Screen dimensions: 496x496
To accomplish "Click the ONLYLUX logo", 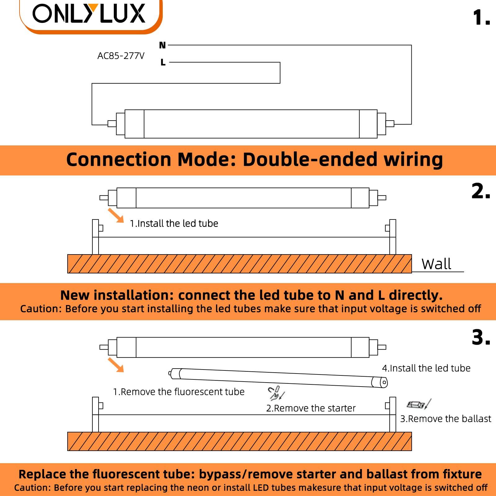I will coord(89,14).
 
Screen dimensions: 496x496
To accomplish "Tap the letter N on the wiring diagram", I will coord(162,45).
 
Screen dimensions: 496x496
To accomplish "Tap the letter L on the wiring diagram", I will coord(163,62).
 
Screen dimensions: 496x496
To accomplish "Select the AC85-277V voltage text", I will coord(121,56).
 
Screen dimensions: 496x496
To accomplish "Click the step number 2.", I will coord(480,191).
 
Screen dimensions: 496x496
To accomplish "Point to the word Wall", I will coord(436,264).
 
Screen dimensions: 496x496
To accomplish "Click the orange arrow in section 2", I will coord(116,215).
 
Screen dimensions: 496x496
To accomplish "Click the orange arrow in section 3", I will coord(116,365).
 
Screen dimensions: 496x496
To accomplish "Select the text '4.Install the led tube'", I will coord(426,368).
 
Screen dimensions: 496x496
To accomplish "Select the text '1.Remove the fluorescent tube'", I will coord(179,392).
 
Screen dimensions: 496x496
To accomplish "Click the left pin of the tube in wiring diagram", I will coord(112,124).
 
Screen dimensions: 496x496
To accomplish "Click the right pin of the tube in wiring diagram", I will coord(390,124).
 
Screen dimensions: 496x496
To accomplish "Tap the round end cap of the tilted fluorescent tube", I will coord(383,382).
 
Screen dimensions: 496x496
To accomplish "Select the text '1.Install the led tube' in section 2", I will coord(174,224).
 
